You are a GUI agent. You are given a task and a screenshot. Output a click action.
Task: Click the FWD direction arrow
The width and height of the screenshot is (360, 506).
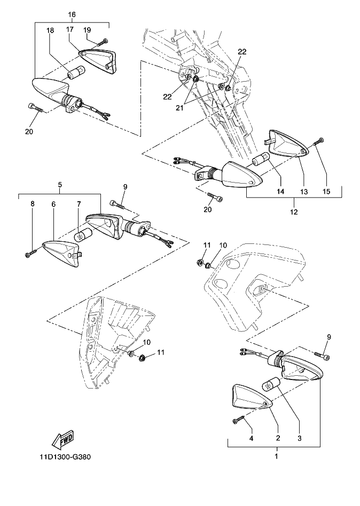pyautogui.click(x=63, y=439)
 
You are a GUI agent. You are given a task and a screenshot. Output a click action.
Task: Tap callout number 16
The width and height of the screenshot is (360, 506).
pyautogui.click(x=72, y=14)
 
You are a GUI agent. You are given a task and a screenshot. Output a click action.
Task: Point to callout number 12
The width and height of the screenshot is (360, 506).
pyautogui.click(x=295, y=212)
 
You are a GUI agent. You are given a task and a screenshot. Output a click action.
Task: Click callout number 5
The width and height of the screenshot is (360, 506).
pyautogui.click(x=60, y=185)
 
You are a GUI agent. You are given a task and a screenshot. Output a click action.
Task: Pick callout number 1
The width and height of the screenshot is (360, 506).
pyautogui.click(x=276, y=456)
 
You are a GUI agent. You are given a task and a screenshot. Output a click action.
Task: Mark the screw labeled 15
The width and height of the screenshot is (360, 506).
pyautogui.click(x=317, y=141)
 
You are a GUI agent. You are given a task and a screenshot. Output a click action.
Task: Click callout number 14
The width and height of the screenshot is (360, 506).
pyautogui.click(x=280, y=191)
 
